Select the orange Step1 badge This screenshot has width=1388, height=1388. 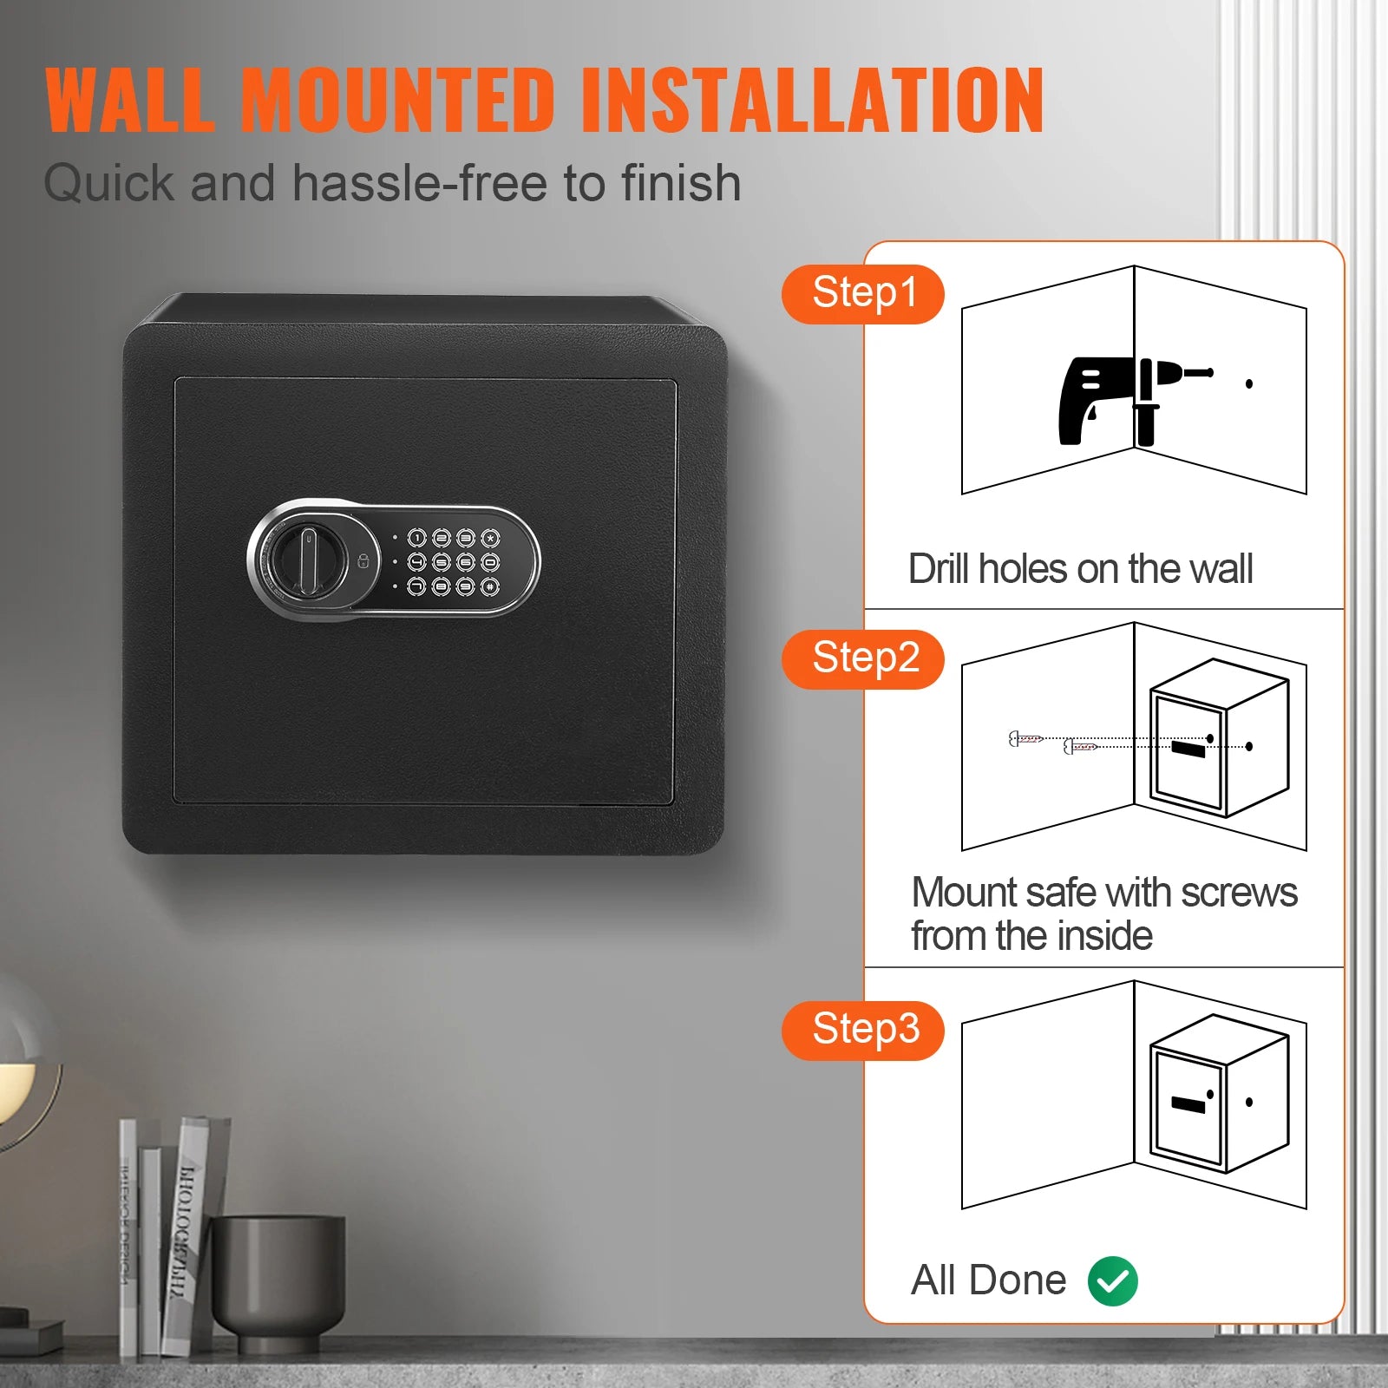[862, 294]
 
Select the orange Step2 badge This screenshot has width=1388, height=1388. [862, 659]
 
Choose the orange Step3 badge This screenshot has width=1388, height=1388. [862, 1030]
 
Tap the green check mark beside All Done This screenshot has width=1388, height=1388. [1113, 1280]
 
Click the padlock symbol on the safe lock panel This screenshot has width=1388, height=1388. [363, 560]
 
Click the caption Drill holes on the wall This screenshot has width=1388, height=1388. [1080, 569]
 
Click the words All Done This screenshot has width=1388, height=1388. [988, 1280]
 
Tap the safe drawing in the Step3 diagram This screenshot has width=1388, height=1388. [1219, 1095]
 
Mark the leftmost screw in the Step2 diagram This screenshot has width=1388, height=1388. [1025, 739]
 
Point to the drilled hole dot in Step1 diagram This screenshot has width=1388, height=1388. [1249, 383]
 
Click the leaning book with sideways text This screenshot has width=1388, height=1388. [193, 1232]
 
